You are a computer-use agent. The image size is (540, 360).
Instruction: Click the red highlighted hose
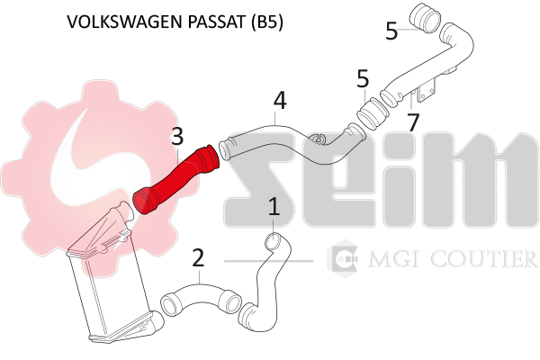175,179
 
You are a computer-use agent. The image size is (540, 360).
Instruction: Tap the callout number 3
177,137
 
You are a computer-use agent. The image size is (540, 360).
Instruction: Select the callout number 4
280,101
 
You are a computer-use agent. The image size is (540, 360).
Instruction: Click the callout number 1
274,207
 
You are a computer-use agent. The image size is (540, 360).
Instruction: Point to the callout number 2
198,258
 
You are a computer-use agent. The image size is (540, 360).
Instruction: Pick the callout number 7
413,122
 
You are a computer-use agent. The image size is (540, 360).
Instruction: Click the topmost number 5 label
391,31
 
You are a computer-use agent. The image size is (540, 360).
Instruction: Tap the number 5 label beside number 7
363,78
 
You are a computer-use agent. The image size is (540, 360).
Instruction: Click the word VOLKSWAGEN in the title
124,22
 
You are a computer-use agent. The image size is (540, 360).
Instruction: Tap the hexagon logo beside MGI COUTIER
343,258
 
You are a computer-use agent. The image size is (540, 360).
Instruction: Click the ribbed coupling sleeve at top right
426,18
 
